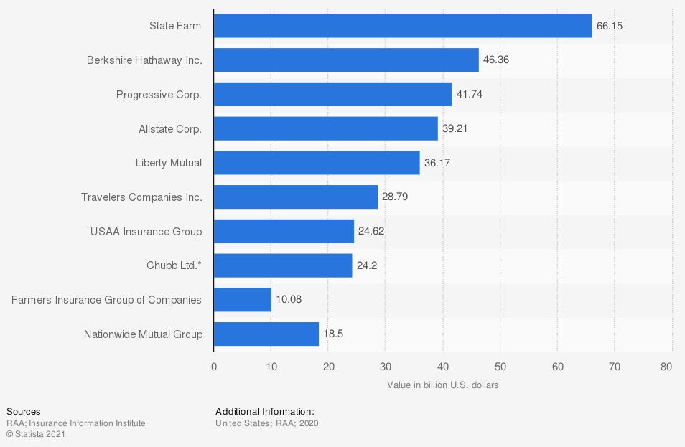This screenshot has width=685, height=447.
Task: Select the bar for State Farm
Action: [403, 26]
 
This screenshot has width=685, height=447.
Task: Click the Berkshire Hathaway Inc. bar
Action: [346, 60]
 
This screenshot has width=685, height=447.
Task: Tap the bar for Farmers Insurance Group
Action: [243, 300]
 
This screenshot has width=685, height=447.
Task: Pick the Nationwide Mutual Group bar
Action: [266, 334]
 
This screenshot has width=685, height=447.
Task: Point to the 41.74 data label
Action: [470, 95]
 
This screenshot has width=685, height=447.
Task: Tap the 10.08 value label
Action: [289, 300]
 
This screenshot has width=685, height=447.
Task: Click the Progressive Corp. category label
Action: [159, 95]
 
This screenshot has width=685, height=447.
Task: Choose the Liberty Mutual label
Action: [169, 163]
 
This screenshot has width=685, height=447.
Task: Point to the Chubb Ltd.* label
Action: [174, 265]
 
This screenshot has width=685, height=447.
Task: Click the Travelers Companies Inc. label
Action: [141, 197]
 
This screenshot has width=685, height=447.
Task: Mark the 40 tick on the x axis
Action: [442, 367]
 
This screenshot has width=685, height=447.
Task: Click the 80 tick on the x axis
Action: [666, 367]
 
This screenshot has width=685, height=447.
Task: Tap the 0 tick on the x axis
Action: [214, 367]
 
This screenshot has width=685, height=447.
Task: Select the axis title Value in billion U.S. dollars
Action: [442, 385]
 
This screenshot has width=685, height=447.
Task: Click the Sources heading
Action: [24, 412]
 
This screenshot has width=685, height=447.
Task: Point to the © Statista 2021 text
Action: [36, 434]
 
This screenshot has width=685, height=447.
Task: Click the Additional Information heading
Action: [265, 412]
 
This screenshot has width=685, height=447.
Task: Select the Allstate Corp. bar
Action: [326, 129]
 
